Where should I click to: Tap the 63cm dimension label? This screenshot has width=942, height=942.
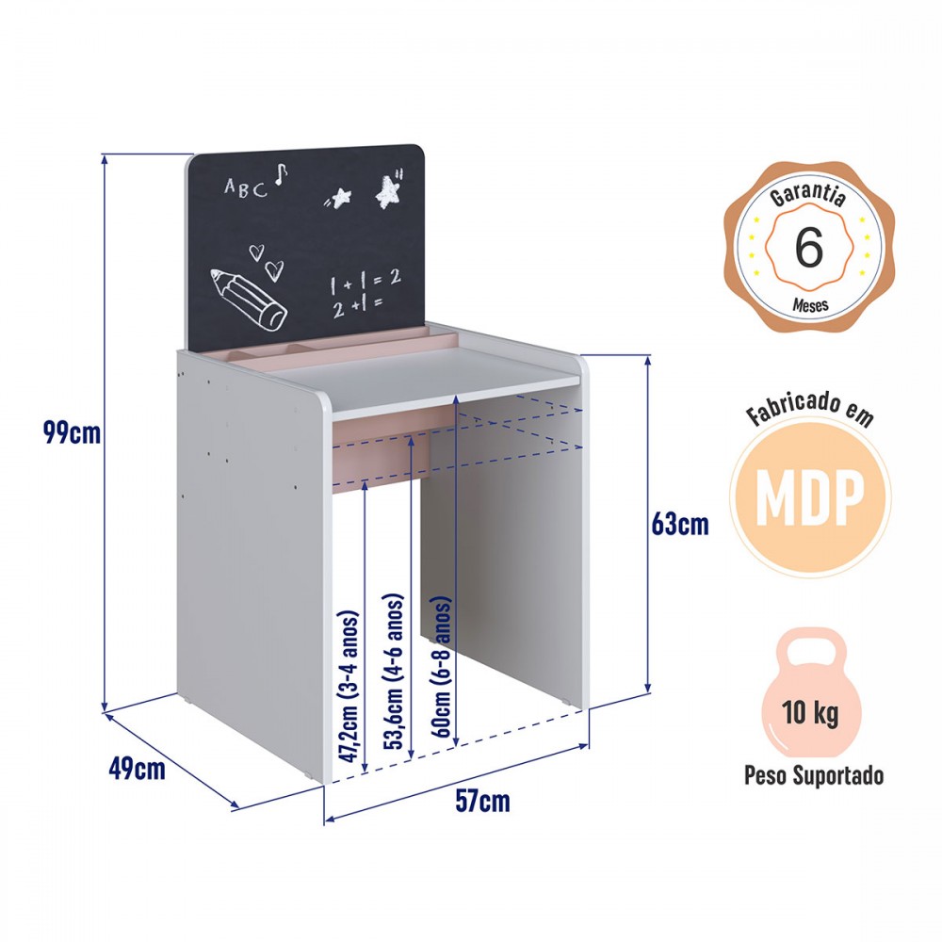click(x=680, y=524)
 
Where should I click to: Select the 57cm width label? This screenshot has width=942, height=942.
click(x=482, y=801)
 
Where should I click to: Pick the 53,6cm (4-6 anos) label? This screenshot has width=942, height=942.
click(x=394, y=671)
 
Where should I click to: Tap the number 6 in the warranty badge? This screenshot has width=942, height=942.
click(x=808, y=247)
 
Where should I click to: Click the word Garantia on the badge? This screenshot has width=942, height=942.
click(x=808, y=195)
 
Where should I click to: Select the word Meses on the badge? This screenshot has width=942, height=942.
click(x=810, y=304)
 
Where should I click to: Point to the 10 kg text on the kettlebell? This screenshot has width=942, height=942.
click(x=810, y=713)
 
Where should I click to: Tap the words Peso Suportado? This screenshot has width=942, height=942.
click(x=814, y=775)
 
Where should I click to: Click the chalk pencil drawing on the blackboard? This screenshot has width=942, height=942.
click(x=248, y=300)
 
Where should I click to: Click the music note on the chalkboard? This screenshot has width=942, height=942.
click(x=281, y=174)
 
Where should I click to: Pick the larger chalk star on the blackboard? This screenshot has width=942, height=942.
click(x=388, y=190)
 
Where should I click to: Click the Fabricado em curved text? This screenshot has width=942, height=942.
click(x=809, y=409)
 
